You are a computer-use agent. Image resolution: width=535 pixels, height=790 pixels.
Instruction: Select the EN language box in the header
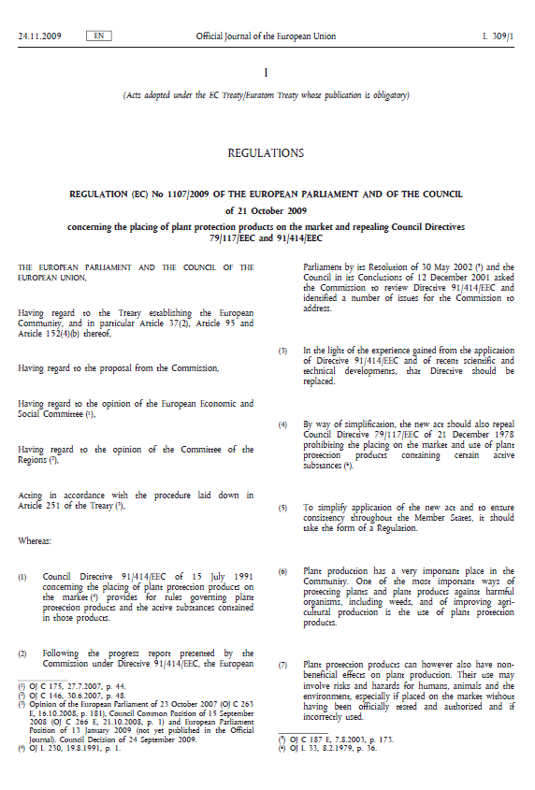click(98, 36)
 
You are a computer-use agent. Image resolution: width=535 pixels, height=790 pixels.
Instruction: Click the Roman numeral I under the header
click(266, 72)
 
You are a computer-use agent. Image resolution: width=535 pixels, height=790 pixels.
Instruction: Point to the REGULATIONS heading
click(266, 152)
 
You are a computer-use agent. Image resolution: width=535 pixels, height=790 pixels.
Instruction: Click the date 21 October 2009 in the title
click(266, 210)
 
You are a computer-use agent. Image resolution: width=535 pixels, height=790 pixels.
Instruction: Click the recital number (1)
click(23, 577)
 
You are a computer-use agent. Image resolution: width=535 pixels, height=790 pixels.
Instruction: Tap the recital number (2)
click(23, 654)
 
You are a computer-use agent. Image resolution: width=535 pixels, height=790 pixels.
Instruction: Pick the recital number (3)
click(282, 352)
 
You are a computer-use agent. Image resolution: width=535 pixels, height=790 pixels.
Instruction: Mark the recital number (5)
click(282, 508)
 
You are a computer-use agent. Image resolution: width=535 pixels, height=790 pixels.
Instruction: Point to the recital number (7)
click(282, 665)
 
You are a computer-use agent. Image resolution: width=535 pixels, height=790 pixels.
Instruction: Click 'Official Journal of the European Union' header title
click(266, 36)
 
